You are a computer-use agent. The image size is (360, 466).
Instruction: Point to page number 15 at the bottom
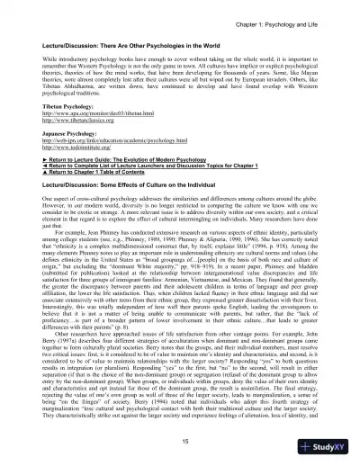pos(180,439)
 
